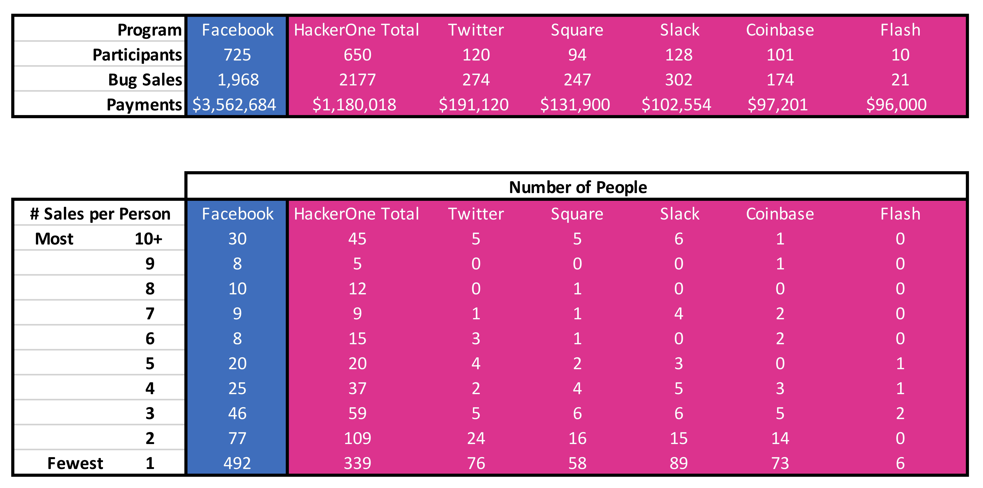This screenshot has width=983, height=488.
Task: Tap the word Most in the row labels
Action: pos(54,239)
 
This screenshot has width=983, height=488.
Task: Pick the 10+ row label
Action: pos(148,239)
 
